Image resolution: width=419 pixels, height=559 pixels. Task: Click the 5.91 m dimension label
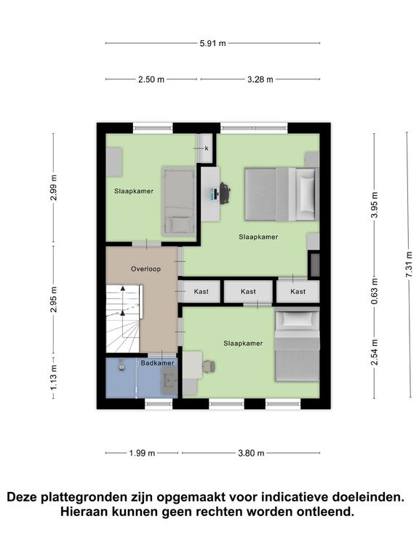point(212,43)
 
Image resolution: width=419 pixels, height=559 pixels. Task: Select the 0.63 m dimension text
point(375,291)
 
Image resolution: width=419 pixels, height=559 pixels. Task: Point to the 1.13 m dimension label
point(53,377)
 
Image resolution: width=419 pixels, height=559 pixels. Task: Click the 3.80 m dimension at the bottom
point(250,453)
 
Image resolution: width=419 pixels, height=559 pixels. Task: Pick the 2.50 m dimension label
point(151,79)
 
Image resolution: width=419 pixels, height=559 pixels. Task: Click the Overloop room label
point(145,269)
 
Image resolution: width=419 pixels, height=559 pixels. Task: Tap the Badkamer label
point(157,362)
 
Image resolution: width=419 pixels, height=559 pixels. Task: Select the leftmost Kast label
point(201,292)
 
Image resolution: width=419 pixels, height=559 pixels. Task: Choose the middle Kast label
point(248,292)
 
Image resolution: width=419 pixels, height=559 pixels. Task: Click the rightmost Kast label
point(298,292)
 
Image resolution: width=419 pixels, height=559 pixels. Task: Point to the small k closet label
point(207,148)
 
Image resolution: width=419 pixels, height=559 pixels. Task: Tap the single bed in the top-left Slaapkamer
point(178,201)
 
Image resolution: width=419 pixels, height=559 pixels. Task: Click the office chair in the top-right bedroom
point(224,193)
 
